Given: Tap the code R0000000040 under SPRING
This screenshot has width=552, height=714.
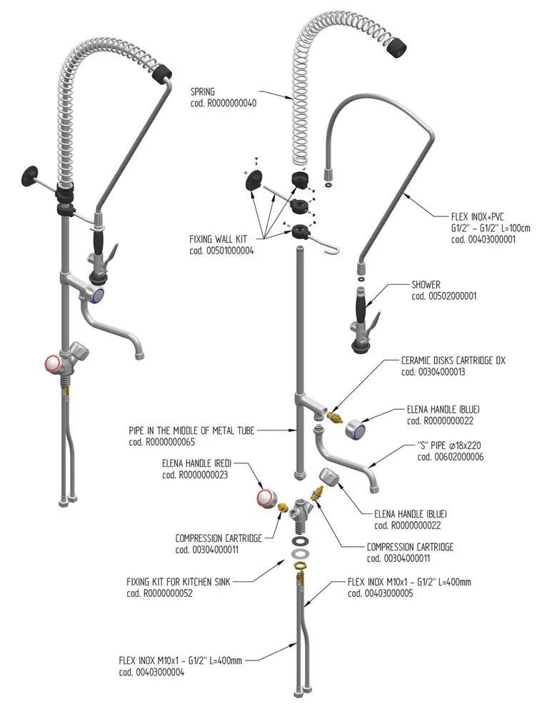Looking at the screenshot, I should click(223, 103).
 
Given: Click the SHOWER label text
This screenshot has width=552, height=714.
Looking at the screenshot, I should click(426, 285).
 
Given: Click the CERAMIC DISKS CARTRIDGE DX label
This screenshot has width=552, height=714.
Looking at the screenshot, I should click(453, 361).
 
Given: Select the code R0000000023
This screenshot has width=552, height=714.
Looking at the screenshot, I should click(194, 474).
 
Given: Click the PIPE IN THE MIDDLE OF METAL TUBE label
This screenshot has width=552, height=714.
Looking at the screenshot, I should click(191, 431).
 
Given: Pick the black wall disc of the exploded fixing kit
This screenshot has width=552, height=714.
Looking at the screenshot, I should click(254, 182).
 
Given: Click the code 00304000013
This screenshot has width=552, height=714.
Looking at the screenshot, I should click(433, 371).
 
